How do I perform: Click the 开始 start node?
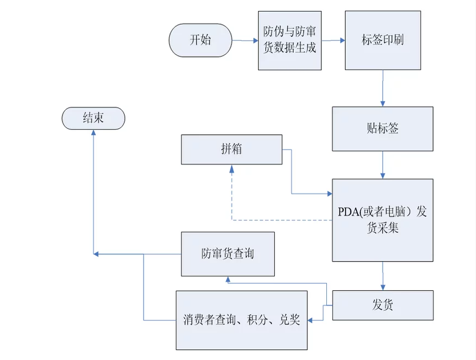pyautogui.click(x=200, y=40)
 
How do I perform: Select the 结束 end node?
pyautogui.click(x=93, y=118)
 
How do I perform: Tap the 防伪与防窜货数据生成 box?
pyautogui.click(x=290, y=41)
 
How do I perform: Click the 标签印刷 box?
pyautogui.click(x=383, y=41)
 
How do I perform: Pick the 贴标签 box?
pyautogui.click(x=382, y=129)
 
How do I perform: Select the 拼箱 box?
pyautogui.click(x=232, y=149)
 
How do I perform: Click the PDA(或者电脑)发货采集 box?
pyautogui.click(x=382, y=220)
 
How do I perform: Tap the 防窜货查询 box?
pyautogui.click(x=228, y=254)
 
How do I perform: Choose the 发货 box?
pyautogui.click(x=382, y=305)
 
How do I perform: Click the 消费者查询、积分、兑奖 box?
pyautogui.click(x=241, y=320)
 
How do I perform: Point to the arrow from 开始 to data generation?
pyautogui.click(x=245, y=41)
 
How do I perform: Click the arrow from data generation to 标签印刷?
pyautogui.click(x=333, y=41)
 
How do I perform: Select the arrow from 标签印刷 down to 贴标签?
pyautogui.click(x=383, y=88)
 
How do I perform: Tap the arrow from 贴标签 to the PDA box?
pyautogui.click(x=382, y=165)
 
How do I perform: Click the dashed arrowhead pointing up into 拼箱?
pyautogui.click(x=231, y=167)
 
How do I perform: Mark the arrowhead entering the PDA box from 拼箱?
pyautogui.click(x=329, y=193)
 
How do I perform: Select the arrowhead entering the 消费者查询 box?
pyautogui.click(x=311, y=320)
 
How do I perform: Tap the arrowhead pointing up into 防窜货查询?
pyautogui.click(x=228, y=279)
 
